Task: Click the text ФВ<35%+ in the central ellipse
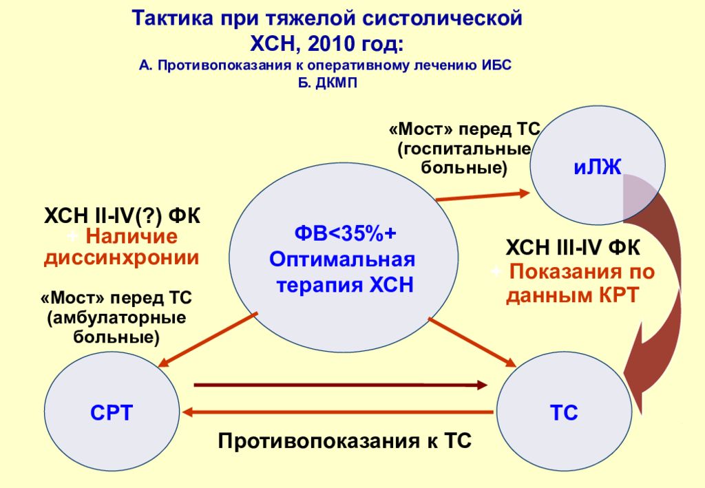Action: [346, 233]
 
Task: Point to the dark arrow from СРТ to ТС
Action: [341, 385]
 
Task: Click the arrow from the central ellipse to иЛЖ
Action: [483, 196]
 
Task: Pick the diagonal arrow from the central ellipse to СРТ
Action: [208, 340]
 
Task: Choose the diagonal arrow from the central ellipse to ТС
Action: [472, 342]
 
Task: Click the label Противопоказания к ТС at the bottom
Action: [345, 441]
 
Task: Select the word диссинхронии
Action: [121, 258]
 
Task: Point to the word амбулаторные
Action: [116, 318]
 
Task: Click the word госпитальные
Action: [465, 149]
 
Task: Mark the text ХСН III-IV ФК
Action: [572, 248]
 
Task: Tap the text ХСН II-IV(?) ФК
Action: [123, 216]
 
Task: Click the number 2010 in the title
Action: [331, 43]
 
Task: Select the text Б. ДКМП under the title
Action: [327, 83]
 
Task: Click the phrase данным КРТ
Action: [572, 295]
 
